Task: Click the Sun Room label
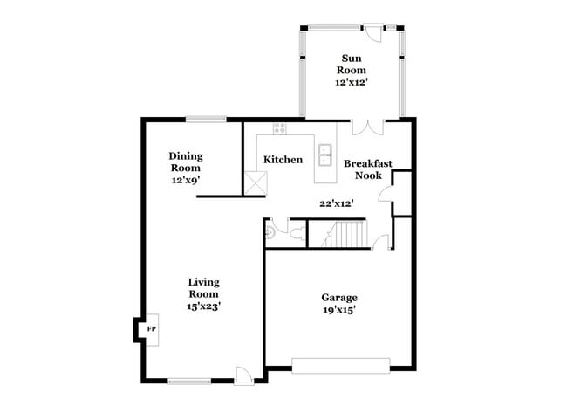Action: pos(352,65)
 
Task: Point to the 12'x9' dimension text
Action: pos(185,181)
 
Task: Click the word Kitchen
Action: pos(283,160)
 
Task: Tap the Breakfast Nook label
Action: pos(367,169)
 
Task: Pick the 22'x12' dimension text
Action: pos(336,203)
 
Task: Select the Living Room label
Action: pos(204,288)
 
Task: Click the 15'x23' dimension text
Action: pos(204,306)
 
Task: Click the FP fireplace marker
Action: pos(150,329)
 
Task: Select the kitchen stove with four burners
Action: pos(280,129)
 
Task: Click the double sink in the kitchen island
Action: pos(325,155)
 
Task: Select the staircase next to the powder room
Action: pos(346,234)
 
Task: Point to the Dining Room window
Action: pos(206,119)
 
